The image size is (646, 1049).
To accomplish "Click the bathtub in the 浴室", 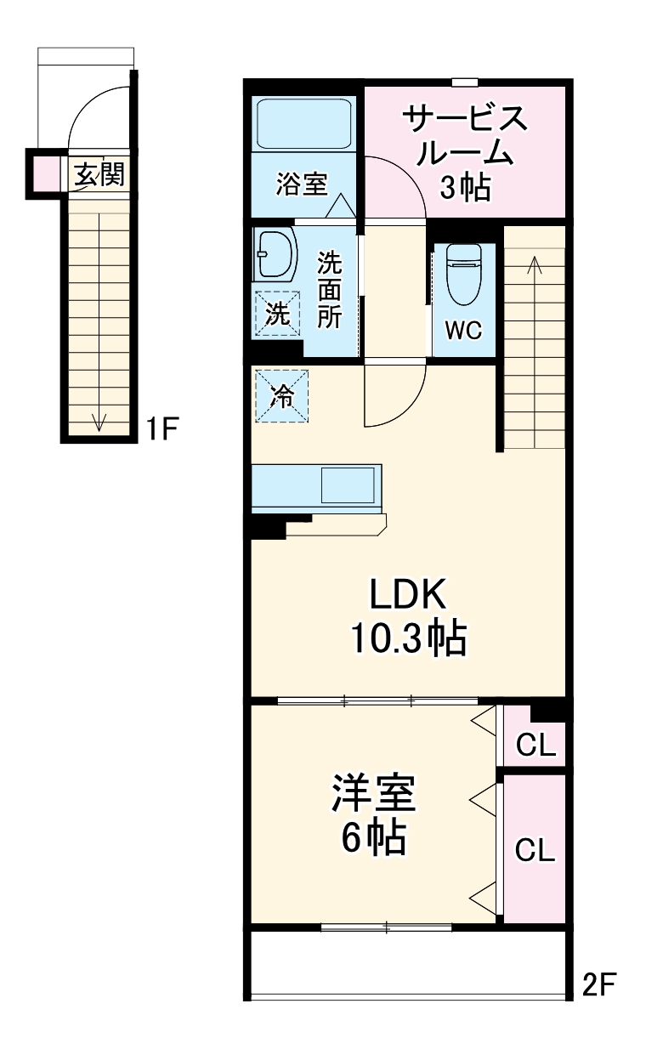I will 303,125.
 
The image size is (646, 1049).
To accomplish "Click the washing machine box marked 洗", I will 278,313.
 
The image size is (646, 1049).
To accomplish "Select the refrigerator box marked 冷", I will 280,394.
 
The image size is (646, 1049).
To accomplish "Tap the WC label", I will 464,331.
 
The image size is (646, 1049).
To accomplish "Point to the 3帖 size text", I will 464,189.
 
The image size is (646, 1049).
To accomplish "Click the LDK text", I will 407,596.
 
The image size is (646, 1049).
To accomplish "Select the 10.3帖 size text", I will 409,638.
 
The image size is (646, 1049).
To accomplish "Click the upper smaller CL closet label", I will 536,746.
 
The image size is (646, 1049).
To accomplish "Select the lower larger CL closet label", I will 536,849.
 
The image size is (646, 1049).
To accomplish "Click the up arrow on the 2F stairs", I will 535,265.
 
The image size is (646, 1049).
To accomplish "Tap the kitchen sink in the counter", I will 348,486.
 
